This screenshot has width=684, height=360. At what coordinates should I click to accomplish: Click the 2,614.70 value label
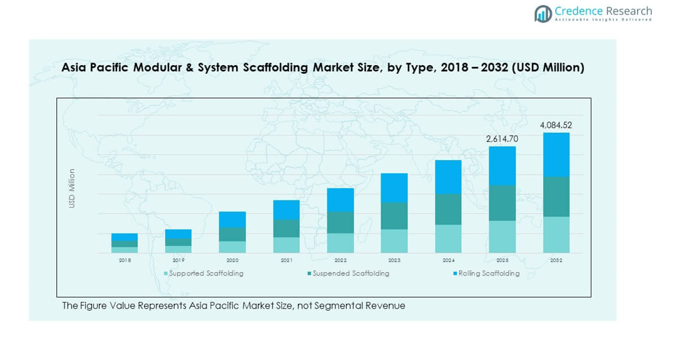tap(502, 138)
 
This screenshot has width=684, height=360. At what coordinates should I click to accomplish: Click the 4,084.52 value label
tap(556, 125)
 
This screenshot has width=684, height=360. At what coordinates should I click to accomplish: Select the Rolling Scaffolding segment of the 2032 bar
tap(556, 155)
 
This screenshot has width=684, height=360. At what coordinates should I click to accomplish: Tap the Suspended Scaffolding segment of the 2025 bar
tap(502, 203)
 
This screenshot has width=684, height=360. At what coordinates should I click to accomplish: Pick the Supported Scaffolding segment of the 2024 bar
tap(448, 239)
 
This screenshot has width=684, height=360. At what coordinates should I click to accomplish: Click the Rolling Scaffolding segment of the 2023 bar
tap(394, 188)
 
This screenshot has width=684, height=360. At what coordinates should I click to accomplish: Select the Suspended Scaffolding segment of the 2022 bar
tap(340, 223)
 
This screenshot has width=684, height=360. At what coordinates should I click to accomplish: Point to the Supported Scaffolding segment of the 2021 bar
tap(286, 245)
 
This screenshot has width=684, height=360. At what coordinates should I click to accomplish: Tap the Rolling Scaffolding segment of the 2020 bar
tap(232, 220)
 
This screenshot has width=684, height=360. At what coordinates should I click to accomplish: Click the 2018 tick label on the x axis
tap(125, 260)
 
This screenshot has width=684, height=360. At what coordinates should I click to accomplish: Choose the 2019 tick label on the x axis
tap(178, 260)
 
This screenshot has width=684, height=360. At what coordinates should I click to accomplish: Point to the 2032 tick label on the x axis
tap(556, 260)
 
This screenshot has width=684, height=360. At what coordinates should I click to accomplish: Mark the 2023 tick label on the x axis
tap(394, 260)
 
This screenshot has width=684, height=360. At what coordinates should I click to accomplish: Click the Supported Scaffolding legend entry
tap(206, 274)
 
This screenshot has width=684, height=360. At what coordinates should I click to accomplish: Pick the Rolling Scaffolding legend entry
tap(488, 274)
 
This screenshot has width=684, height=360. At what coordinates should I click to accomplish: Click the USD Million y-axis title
tap(72, 188)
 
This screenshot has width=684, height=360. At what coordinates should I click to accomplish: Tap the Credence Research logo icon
tap(543, 13)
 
